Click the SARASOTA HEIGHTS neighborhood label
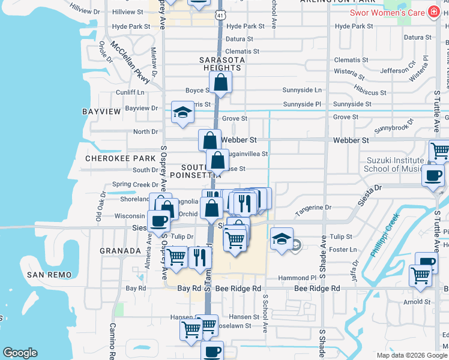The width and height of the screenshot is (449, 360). tap(222, 64)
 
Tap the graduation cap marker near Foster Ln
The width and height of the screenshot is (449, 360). tap(282, 239)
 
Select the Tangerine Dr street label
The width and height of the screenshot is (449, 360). tap(312, 208)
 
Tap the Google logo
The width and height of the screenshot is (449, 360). tap(20, 353)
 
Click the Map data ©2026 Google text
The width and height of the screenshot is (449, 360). tap(411, 355)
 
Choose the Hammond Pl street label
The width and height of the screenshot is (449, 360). tap(297, 278)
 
